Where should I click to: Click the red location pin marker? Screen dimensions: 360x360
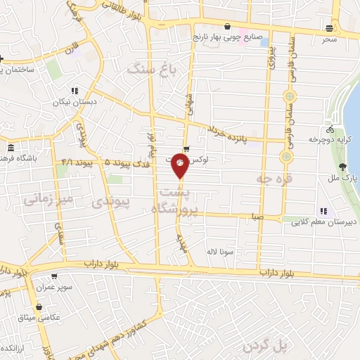click(181, 165)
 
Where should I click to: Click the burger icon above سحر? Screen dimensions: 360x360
click(330, 27)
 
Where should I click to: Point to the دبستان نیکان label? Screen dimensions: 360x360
click(74, 102)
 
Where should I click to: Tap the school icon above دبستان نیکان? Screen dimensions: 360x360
click(75, 91)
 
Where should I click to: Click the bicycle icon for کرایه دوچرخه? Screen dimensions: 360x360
click(330, 129)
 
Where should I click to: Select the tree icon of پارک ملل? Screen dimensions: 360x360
click(342, 167)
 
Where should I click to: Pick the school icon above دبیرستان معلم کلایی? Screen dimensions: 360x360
click(323, 210)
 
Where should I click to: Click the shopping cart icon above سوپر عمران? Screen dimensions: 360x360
click(54, 276)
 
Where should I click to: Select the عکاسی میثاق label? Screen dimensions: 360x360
click(41, 319)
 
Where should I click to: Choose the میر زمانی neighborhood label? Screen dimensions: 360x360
click(48, 200)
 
